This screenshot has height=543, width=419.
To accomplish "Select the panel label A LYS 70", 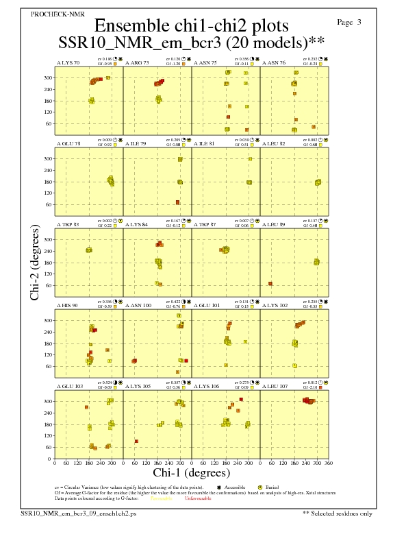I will coord(68,62).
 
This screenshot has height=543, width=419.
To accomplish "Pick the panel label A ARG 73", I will coord(137,62).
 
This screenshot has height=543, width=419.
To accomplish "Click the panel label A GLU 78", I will coord(68,143).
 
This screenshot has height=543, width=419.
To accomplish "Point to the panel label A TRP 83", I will coord(68,224).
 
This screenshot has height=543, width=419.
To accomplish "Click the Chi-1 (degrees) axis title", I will coord(192,472).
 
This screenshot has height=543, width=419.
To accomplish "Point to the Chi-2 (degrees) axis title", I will coord(35,263).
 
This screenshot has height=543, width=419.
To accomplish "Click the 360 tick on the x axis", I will coord(329,463).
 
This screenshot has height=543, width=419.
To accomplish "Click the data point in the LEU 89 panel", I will coord(270,283).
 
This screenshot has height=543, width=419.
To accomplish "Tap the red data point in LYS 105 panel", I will coord(136,441).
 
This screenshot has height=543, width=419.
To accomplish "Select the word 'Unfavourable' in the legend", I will coord(198,498).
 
